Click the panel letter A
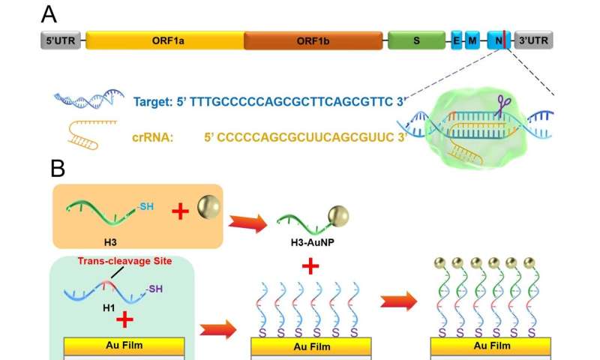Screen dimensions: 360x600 [x=49, y=14]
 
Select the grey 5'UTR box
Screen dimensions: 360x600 [x=58, y=40]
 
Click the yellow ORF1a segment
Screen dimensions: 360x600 [x=164, y=40]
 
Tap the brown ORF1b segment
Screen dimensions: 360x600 [x=313, y=40]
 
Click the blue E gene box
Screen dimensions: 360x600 [x=456, y=40]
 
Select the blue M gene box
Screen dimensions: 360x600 [x=472, y=40]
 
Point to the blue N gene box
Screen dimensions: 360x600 [x=498, y=40]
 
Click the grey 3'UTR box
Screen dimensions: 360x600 [x=534, y=40]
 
